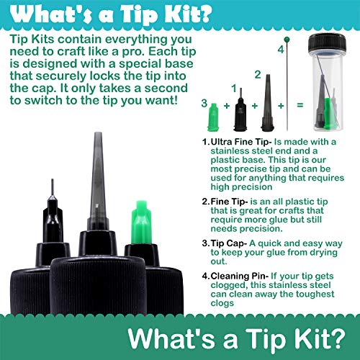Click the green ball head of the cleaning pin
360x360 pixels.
click(x=287, y=40)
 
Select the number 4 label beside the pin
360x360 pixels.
click(x=281, y=50)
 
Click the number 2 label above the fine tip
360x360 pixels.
click(x=258, y=75)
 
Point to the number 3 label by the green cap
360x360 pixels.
click(x=204, y=103)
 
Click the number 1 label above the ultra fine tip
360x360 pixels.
click(x=234, y=89)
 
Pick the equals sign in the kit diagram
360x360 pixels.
click(x=300, y=105)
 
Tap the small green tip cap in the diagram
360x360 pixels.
click(x=213, y=117)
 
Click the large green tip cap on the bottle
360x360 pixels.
click(x=141, y=222)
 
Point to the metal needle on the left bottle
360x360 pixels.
click(x=53, y=188)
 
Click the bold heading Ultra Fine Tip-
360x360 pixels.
click(x=241, y=142)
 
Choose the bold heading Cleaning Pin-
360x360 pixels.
click(x=239, y=276)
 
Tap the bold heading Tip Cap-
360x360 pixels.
click(x=228, y=243)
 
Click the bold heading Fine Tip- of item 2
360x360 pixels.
click(x=229, y=202)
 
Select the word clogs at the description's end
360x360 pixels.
click(x=222, y=303)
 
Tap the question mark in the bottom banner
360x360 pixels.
click(x=338, y=338)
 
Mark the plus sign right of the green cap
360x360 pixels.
click(x=227, y=105)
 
